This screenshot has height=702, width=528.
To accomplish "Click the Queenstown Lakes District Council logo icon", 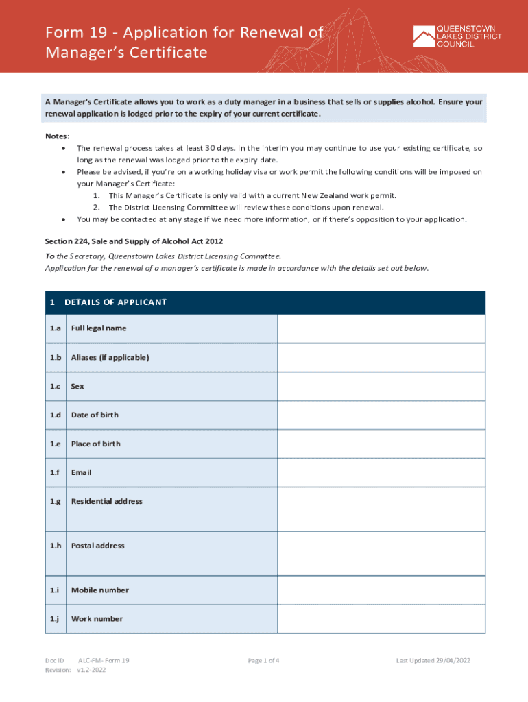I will point(423,36).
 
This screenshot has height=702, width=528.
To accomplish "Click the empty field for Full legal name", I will point(381,328).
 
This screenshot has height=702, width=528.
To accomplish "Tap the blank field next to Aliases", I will point(381,357).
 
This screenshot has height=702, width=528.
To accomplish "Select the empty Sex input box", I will point(381,386).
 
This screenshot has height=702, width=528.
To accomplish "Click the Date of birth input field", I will point(381,415).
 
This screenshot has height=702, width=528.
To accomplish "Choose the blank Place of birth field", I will point(381,444).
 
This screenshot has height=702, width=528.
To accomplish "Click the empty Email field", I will point(381,472).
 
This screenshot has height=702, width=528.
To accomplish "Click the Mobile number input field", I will point(381,590).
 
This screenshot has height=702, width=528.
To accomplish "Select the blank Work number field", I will point(381,618).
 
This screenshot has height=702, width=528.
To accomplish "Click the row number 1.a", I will point(55,328).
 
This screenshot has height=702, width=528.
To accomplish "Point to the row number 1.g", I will point(55,501).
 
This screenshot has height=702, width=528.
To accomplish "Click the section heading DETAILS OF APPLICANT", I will point(115,302).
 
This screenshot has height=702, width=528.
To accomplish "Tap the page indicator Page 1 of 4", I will point(263,661).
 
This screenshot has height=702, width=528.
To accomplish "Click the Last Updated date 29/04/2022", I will point(433,661).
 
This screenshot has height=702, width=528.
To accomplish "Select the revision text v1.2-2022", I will point(91,670).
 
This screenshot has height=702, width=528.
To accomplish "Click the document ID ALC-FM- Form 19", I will point(104,661).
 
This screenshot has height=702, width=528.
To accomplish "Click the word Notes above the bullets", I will point(57,136).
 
